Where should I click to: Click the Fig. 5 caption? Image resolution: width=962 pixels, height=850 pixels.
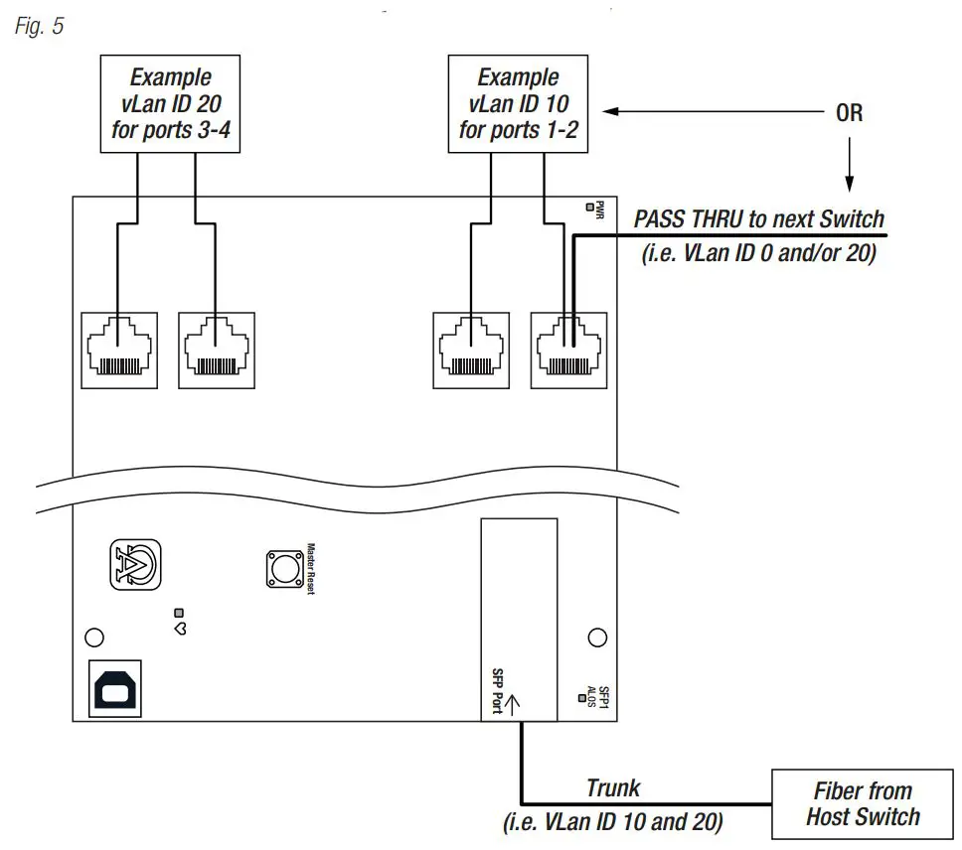click(x=39, y=26)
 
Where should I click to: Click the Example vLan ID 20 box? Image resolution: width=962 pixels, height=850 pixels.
click(x=170, y=104)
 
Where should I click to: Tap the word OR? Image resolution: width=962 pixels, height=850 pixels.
click(x=849, y=112)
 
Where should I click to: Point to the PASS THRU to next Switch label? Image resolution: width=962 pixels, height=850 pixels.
click(x=758, y=219)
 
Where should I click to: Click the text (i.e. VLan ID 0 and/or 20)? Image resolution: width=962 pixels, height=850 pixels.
click(x=760, y=253)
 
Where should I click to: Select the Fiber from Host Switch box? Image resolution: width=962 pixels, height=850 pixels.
click(x=863, y=803)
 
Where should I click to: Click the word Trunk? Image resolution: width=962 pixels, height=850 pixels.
click(x=613, y=788)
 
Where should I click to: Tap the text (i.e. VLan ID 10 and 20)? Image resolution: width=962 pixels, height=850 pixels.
click(x=613, y=822)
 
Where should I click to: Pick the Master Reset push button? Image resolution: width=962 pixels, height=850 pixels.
click(x=285, y=568)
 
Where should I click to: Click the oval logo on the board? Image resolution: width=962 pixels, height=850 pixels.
click(x=132, y=567)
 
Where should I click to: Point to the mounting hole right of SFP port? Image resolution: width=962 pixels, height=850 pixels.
click(x=596, y=637)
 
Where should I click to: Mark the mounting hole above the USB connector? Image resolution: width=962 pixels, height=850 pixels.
click(x=94, y=637)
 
